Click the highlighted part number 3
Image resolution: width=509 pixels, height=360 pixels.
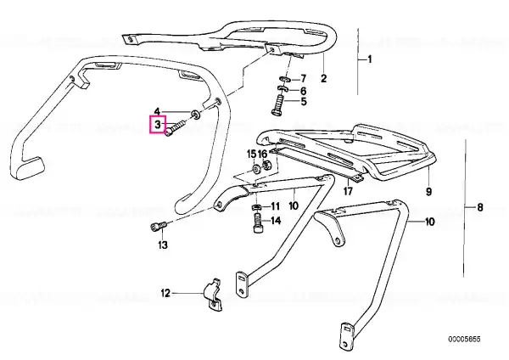158,124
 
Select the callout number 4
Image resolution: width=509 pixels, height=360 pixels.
157,112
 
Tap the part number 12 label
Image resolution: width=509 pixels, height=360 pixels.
165,294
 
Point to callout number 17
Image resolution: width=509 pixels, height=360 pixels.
348,191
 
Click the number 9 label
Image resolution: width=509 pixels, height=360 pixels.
428,192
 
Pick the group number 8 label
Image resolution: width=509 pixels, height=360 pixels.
480,207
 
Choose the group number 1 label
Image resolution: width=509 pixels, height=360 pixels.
369,59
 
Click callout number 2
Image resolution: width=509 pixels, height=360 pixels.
323,78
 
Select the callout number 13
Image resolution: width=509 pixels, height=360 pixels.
163,245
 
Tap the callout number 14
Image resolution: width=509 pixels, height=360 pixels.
276,221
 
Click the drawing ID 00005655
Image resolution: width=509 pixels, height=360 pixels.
464,340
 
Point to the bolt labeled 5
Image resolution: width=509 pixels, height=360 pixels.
278,105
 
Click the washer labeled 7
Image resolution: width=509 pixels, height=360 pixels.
284,79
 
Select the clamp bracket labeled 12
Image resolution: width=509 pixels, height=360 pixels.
213,295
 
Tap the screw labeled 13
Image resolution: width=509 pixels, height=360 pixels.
159,226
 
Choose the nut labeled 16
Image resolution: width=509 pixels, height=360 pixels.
267,165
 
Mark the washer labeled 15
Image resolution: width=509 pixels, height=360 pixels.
255,169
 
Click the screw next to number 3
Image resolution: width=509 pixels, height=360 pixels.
176,128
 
